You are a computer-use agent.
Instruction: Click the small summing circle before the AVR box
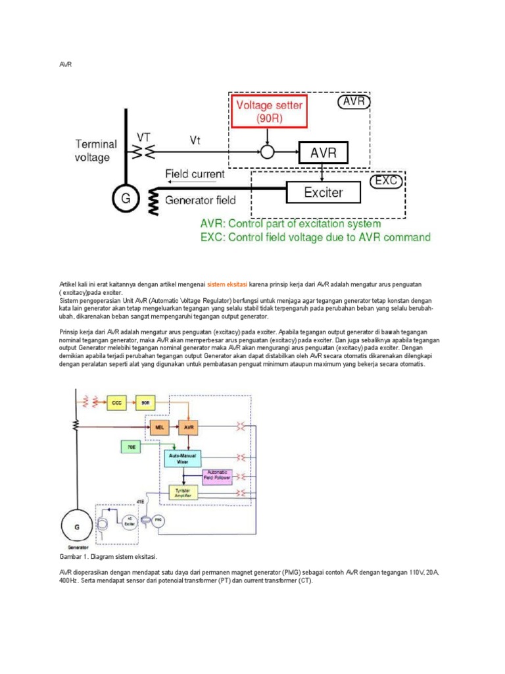[267, 153]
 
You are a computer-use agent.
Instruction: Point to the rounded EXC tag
[387, 180]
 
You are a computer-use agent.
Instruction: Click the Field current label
[194, 174]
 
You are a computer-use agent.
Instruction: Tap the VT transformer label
[144, 137]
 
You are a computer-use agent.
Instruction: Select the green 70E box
[131, 447]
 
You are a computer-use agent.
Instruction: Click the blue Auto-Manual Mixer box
[183, 458]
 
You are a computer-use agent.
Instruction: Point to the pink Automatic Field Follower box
[217, 475]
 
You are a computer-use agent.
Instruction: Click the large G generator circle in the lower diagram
[78, 527]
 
